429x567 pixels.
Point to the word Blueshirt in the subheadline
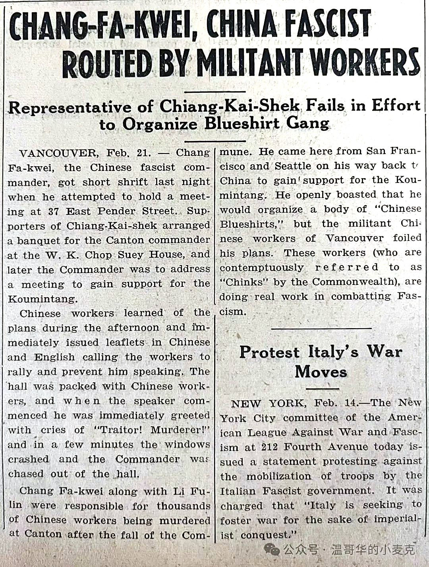[242, 123]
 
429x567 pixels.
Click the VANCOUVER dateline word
[58, 153]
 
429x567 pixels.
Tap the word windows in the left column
[187, 444]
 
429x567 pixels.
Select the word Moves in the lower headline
[321, 372]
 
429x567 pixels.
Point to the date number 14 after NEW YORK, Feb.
[350, 403]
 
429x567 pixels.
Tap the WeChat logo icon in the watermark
[272, 549]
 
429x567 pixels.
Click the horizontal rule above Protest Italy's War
[321, 329]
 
